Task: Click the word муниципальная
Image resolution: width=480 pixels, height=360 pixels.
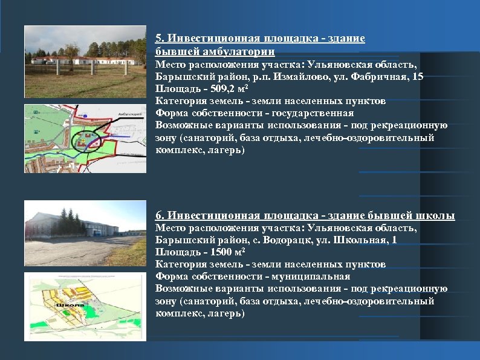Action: pos(315,277)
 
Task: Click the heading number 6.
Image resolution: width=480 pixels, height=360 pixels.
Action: pos(159,216)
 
